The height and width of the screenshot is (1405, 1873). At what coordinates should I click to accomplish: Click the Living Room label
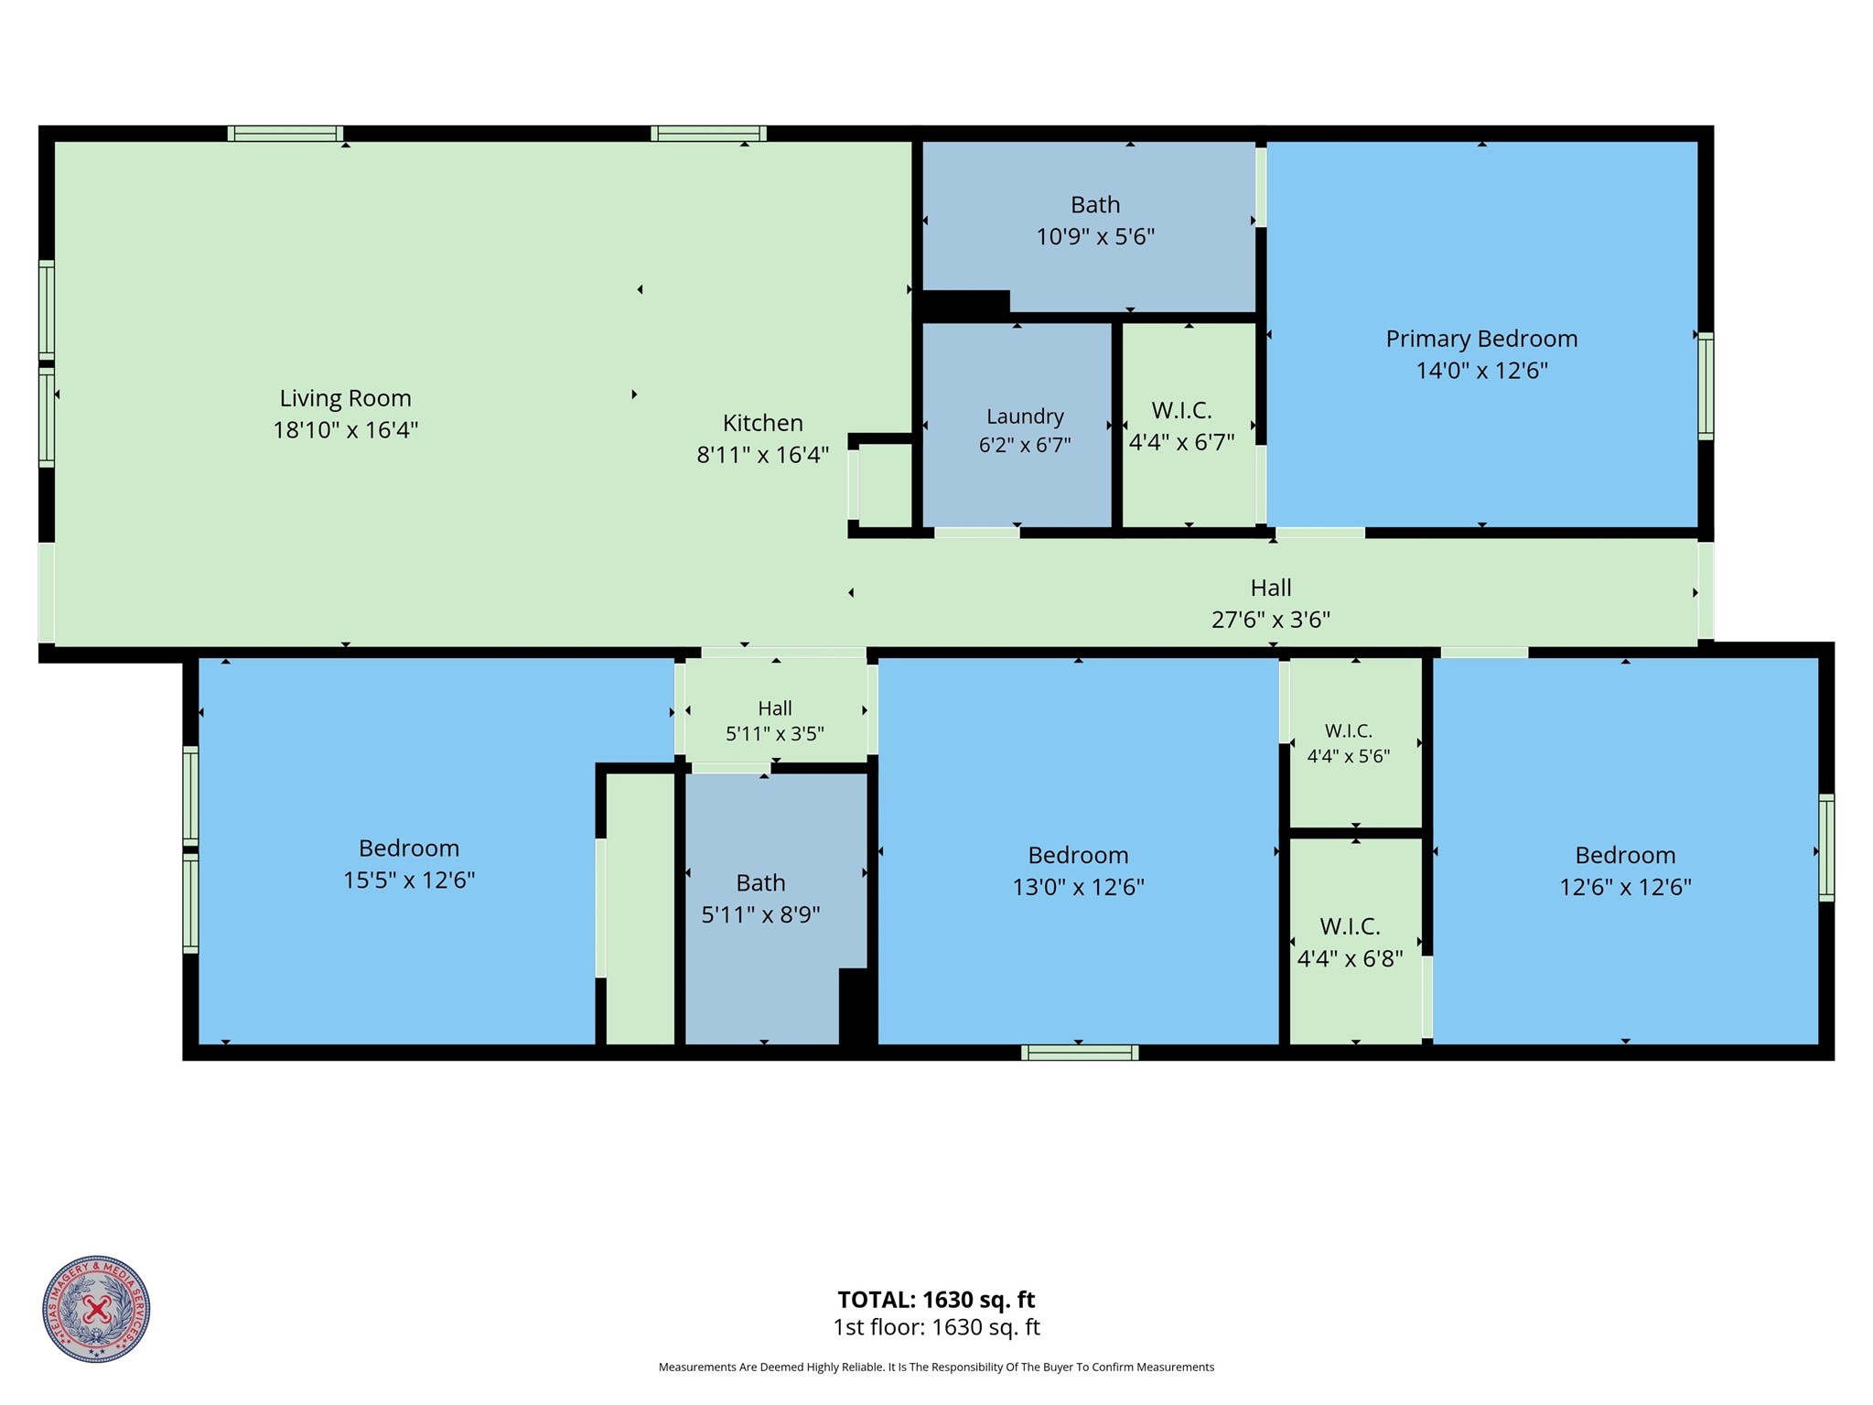tap(345, 398)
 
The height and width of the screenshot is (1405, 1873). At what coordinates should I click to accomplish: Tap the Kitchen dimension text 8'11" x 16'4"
tap(762, 455)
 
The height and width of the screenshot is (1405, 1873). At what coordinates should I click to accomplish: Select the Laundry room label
tap(1025, 416)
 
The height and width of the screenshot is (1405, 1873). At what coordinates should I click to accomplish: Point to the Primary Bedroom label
tap(1481, 339)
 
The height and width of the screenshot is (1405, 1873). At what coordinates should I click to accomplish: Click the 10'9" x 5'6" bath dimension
tap(1095, 237)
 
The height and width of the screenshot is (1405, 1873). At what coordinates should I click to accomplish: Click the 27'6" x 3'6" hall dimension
tap(1270, 620)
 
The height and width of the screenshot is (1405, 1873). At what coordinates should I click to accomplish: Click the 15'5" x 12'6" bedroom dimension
tap(409, 880)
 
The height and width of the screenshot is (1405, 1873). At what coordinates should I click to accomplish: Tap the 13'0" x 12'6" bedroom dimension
tap(1078, 887)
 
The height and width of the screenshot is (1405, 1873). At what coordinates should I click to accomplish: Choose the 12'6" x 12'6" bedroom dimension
tap(1625, 887)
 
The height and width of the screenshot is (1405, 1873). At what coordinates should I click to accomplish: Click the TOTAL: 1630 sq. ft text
tap(936, 1300)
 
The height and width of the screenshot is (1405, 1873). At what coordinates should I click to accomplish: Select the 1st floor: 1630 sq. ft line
tap(936, 1327)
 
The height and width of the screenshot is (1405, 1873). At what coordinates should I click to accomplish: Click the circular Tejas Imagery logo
tap(96, 1309)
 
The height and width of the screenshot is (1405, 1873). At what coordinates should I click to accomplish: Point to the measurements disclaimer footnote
tap(936, 1367)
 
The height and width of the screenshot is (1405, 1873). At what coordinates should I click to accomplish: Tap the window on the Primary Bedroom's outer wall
tap(1706, 385)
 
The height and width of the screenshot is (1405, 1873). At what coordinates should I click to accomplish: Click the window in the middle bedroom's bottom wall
tap(1080, 1053)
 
